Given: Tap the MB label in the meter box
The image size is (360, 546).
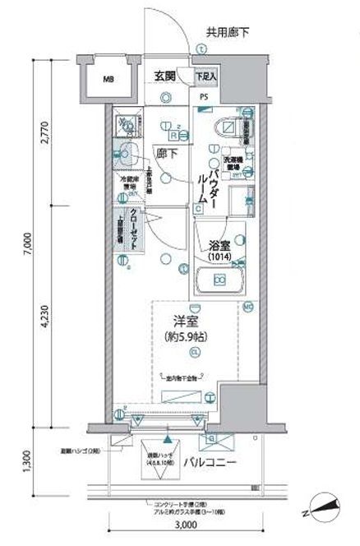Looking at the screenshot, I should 108,81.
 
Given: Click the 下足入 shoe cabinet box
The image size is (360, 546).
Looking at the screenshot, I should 206,76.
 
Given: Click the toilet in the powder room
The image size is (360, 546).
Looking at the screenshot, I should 229,128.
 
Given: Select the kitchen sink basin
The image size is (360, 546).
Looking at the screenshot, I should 126,152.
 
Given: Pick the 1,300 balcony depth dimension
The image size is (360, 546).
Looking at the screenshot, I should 28,465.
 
